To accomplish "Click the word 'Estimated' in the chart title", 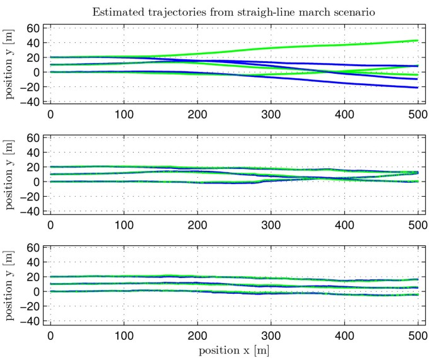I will pos(116,11).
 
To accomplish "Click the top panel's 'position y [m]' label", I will pos(9,65).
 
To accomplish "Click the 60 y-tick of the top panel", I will pos(33,28).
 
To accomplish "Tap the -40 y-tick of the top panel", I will pos(30,102).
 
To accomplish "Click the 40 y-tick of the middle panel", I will pos(33,153).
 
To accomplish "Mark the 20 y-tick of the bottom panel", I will pos(33,277).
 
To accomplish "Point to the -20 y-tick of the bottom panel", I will pos(30,306).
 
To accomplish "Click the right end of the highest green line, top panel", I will pos(417,41).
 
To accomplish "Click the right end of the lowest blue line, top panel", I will pos(417,87).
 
